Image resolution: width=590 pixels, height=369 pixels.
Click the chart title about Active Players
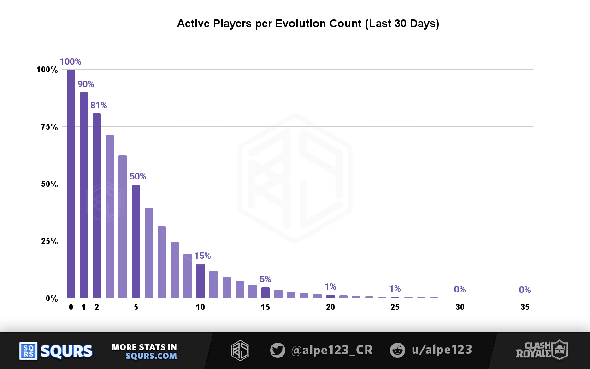(x=308, y=24)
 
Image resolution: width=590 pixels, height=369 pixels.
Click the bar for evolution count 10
(x=201, y=281)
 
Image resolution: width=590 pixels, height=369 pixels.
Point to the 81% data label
(x=99, y=106)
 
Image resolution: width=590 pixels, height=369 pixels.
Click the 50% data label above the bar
(x=138, y=176)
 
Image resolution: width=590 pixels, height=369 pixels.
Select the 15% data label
(x=202, y=256)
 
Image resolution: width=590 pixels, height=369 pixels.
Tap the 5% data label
(x=265, y=279)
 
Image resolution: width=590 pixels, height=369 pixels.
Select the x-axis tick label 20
(x=330, y=308)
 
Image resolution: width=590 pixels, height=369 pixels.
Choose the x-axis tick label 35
(x=525, y=308)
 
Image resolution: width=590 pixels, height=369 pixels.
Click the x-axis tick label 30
(x=460, y=308)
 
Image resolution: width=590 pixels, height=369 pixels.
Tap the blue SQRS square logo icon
(x=28, y=351)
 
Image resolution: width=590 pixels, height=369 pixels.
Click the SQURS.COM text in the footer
(x=151, y=356)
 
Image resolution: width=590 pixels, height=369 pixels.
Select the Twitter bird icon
(x=277, y=350)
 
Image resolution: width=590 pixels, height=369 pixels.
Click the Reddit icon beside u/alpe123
(x=397, y=350)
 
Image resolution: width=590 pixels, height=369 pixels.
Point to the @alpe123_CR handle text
(x=332, y=350)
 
